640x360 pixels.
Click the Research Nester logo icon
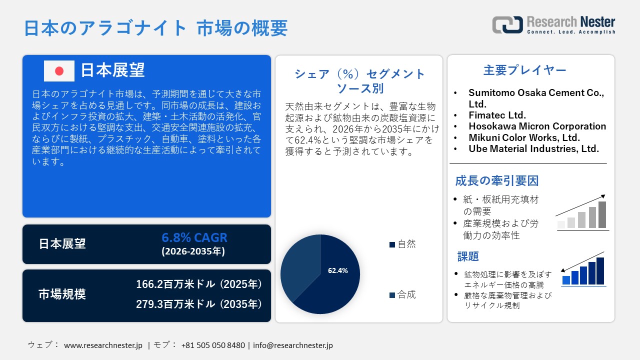point(507,24)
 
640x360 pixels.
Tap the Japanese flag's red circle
point(59,71)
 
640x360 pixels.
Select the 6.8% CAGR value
point(194,237)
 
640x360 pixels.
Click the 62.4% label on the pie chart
point(337,270)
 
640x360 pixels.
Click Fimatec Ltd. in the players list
point(497,115)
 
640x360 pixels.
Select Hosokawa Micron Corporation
point(537,126)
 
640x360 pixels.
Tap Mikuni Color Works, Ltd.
point(524,137)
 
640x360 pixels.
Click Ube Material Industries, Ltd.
point(533,148)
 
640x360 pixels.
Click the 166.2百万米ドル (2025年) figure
point(199,284)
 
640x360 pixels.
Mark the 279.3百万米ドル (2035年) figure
point(199,304)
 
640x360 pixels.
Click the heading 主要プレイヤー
point(525,70)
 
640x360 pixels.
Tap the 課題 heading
point(468,256)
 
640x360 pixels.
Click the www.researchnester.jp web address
point(103,345)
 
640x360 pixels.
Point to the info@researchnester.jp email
point(293,345)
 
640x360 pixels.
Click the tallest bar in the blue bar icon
point(600,271)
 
